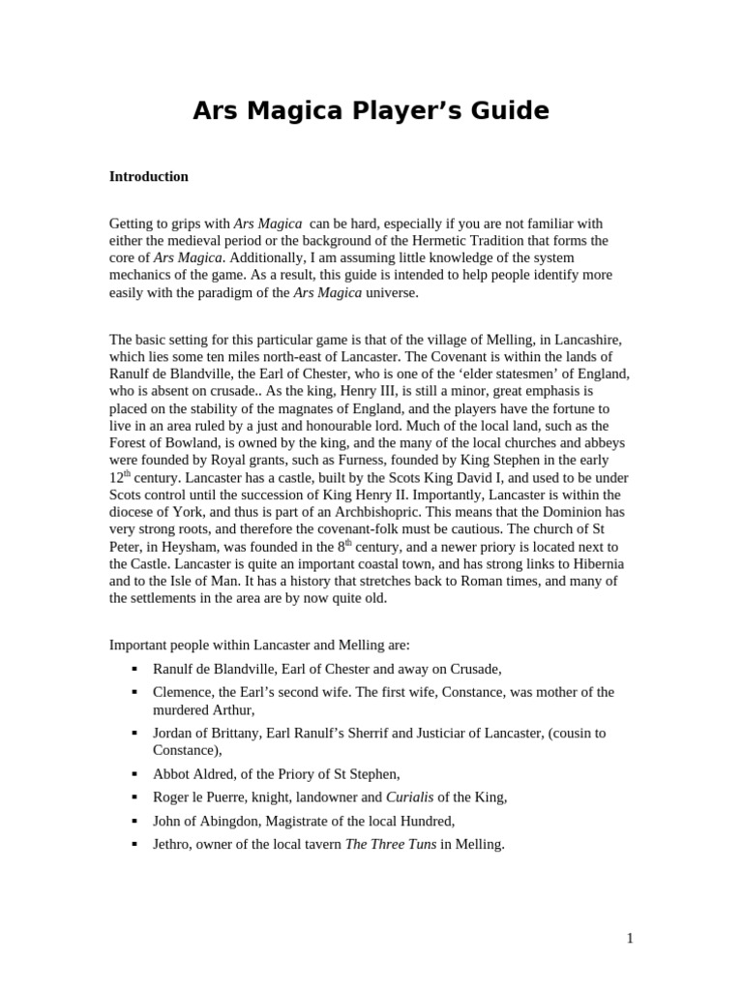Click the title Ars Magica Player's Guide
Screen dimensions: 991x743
[x=371, y=111]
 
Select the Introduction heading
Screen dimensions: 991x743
[x=148, y=177]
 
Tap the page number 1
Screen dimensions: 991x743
[x=629, y=938]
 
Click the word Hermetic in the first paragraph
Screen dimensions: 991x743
[x=455, y=241]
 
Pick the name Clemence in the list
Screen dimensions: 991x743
[x=183, y=693]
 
